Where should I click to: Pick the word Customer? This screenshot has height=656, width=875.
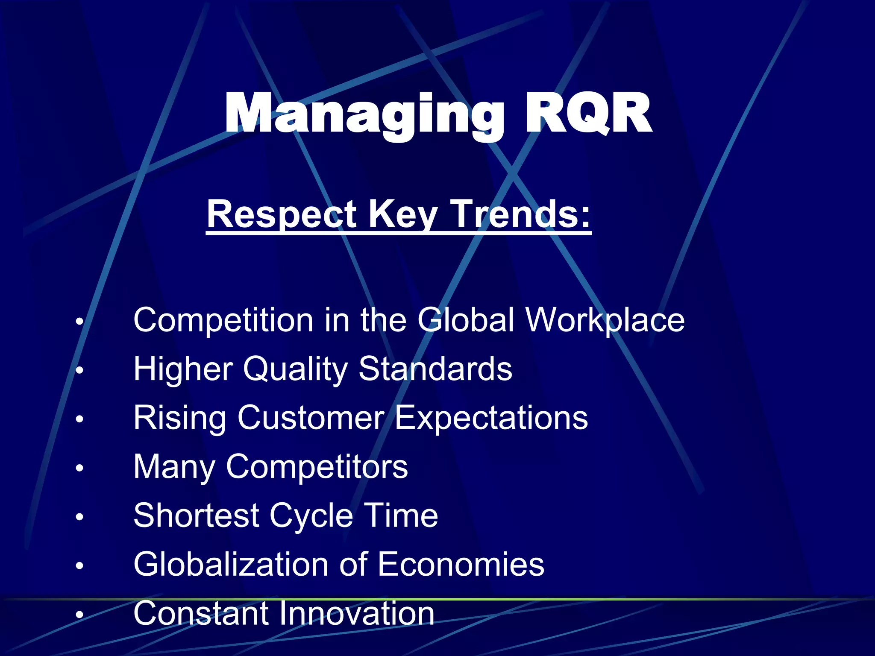[x=311, y=418]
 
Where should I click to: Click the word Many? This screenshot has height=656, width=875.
[x=174, y=467]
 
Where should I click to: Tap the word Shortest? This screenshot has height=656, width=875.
[x=197, y=515]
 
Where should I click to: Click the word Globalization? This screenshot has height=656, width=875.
[x=231, y=564]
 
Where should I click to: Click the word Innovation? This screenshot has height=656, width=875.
[x=357, y=613]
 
